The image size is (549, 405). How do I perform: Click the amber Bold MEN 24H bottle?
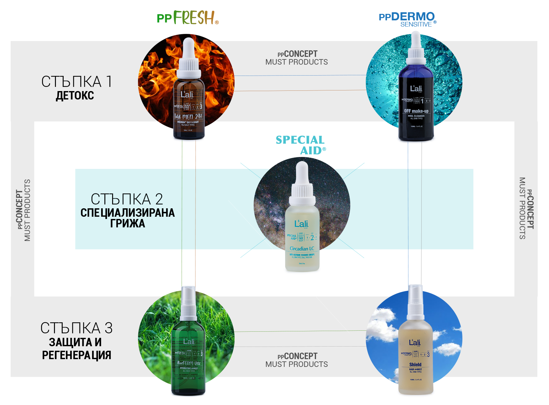click(189, 107)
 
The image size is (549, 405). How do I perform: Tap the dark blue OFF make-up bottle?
click(416, 107)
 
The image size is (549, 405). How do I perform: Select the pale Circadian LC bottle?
click(302, 239)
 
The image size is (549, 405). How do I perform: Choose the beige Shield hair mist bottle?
click(415, 358)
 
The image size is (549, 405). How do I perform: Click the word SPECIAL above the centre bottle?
click(300, 140)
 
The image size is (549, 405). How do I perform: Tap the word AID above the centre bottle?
click(311, 151)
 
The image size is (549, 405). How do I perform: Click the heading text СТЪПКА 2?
click(127, 199)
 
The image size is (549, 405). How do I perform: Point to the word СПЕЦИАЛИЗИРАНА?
click(128, 213)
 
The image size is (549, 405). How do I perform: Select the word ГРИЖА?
click(128, 223)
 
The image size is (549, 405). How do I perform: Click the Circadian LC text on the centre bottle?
click(302, 249)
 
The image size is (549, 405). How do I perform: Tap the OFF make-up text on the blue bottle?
click(416, 111)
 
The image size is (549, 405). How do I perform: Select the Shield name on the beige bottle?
click(415, 365)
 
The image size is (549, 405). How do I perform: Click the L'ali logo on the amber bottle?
click(187, 95)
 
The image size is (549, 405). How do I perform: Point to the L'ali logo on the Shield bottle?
click(415, 343)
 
